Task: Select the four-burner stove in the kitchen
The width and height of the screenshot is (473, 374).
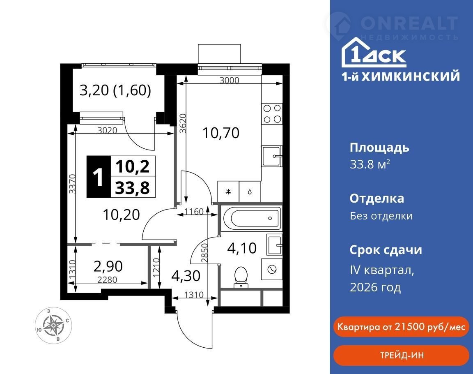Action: pyautogui.click(x=272, y=113)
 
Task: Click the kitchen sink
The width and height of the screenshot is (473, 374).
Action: pyautogui.click(x=272, y=156)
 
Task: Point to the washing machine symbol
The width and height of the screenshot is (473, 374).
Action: pyautogui.click(x=272, y=269)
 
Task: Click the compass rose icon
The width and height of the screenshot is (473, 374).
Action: pyautogui.click(x=53, y=326)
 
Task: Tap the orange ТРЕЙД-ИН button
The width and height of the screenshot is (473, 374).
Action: pyautogui.click(x=401, y=355)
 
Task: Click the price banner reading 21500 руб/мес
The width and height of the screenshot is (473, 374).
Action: pyautogui.click(x=401, y=327)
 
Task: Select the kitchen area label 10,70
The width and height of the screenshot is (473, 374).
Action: pyautogui.click(x=221, y=133)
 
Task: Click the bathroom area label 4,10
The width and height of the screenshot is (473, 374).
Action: pyautogui.click(x=242, y=248)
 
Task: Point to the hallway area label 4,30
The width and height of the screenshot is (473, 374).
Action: pyautogui.click(x=186, y=276)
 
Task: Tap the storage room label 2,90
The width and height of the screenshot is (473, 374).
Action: pyautogui.click(x=108, y=266)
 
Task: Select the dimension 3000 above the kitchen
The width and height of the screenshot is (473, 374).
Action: pyautogui.click(x=229, y=80)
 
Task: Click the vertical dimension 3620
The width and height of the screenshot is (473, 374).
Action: pyautogui.click(x=182, y=123)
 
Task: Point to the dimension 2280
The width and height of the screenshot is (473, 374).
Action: pyautogui.click(x=108, y=280)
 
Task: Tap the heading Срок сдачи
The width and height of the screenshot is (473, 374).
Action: pyautogui.click(x=386, y=250)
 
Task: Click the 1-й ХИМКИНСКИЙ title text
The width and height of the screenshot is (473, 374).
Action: pyautogui.click(x=401, y=76)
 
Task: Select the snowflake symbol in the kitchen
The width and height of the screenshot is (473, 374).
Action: pyautogui.click(x=228, y=192)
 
